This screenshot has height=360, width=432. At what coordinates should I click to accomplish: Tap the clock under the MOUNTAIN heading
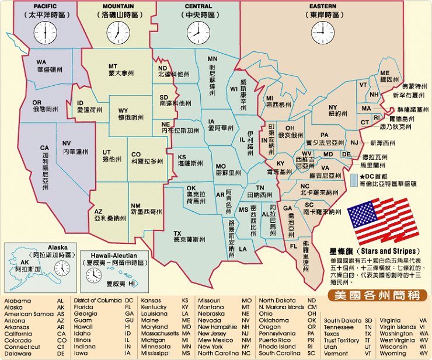click(117, 32)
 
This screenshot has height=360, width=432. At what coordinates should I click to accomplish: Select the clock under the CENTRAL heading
click(197, 32)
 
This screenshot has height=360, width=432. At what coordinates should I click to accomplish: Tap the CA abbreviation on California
click(44, 148)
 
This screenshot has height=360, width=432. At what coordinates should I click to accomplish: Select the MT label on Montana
click(114, 67)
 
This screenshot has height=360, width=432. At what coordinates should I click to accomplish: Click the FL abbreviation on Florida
click(294, 246)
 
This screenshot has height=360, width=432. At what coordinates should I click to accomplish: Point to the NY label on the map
click(333, 107)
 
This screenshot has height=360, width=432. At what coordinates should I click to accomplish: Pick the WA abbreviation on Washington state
click(41, 62)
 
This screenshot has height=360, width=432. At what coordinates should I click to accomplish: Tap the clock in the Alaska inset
click(61, 268)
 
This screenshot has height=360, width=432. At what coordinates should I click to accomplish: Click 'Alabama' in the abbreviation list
click(18, 300)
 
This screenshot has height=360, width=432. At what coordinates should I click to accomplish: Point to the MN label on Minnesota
click(212, 59)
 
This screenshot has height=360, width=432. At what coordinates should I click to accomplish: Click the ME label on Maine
click(385, 73)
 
